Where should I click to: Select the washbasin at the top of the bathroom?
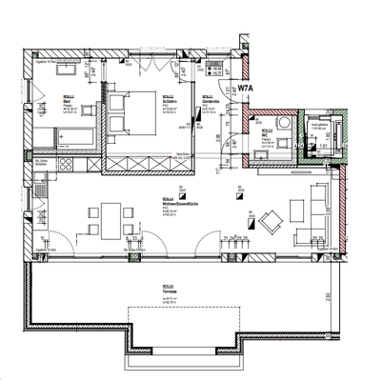point(69,70)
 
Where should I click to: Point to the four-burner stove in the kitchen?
point(67,166)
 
